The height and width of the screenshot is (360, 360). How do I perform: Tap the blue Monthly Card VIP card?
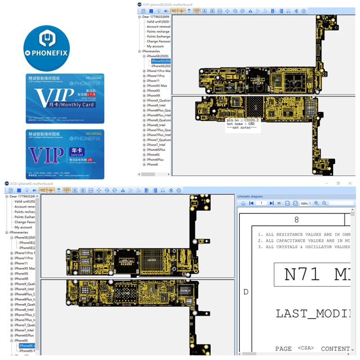pyautogui.click(x=64, y=98)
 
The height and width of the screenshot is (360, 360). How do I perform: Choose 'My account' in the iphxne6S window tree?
pyautogui.click(x=23, y=227)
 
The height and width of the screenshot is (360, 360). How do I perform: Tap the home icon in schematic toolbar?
pyautogui.click(x=243, y=203)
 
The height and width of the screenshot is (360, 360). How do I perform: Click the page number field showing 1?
pyautogui.click(x=261, y=203)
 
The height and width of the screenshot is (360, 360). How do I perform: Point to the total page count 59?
pyautogui.click(x=279, y=203)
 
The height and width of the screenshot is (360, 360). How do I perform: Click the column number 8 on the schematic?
pyautogui.click(x=296, y=220)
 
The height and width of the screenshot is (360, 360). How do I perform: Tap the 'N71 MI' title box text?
pyautogui.click(x=315, y=274)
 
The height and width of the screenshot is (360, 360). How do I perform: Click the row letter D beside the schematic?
pyautogui.click(x=246, y=292)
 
